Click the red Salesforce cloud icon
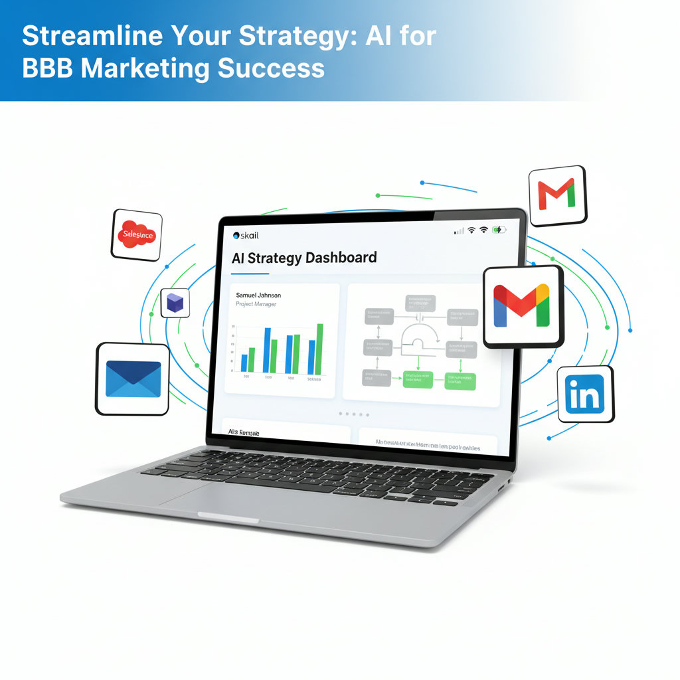[x=135, y=234]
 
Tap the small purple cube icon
[x=175, y=303]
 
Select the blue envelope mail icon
[x=133, y=379]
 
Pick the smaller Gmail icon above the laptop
[x=556, y=195]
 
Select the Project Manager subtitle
[x=256, y=304]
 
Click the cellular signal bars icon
[x=459, y=230]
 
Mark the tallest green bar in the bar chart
[x=319, y=349]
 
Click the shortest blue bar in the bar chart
[x=244, y=363]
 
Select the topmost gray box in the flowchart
[x=420, y=303]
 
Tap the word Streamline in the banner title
[x=82, y=37]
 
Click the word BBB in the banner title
[x=47, y=68]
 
